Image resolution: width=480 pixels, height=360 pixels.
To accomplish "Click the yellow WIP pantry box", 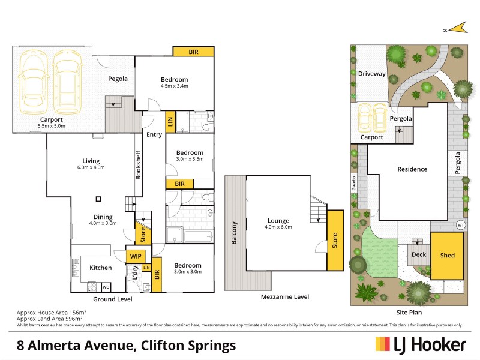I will tap(136, 256).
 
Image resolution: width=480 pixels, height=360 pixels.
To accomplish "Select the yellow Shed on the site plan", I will tap(448, 256).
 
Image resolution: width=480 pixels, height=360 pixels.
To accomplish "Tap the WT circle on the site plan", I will tap(461, 225).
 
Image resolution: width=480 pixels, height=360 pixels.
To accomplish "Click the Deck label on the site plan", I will tap(418, 255).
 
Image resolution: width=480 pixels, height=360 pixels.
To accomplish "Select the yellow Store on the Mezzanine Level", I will tap(335, 239).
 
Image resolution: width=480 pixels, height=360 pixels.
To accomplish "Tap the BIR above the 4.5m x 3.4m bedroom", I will tap(193, 52).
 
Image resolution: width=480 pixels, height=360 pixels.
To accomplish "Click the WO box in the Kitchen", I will tap(106, 287).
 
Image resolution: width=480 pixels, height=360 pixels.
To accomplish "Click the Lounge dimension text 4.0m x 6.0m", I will tap(279, 227).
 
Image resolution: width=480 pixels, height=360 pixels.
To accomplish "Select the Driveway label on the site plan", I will tap(372, 74).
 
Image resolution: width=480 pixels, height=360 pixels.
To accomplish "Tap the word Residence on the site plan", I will tap(412, 169).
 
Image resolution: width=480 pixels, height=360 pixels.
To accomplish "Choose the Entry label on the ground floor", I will tap(154, 134).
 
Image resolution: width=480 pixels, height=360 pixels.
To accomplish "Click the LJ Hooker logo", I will tap(420, 344).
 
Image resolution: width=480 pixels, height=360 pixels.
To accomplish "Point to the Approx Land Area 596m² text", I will tap(51, 319).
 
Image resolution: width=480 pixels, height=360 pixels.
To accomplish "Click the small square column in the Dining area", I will tap(100, 200).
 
